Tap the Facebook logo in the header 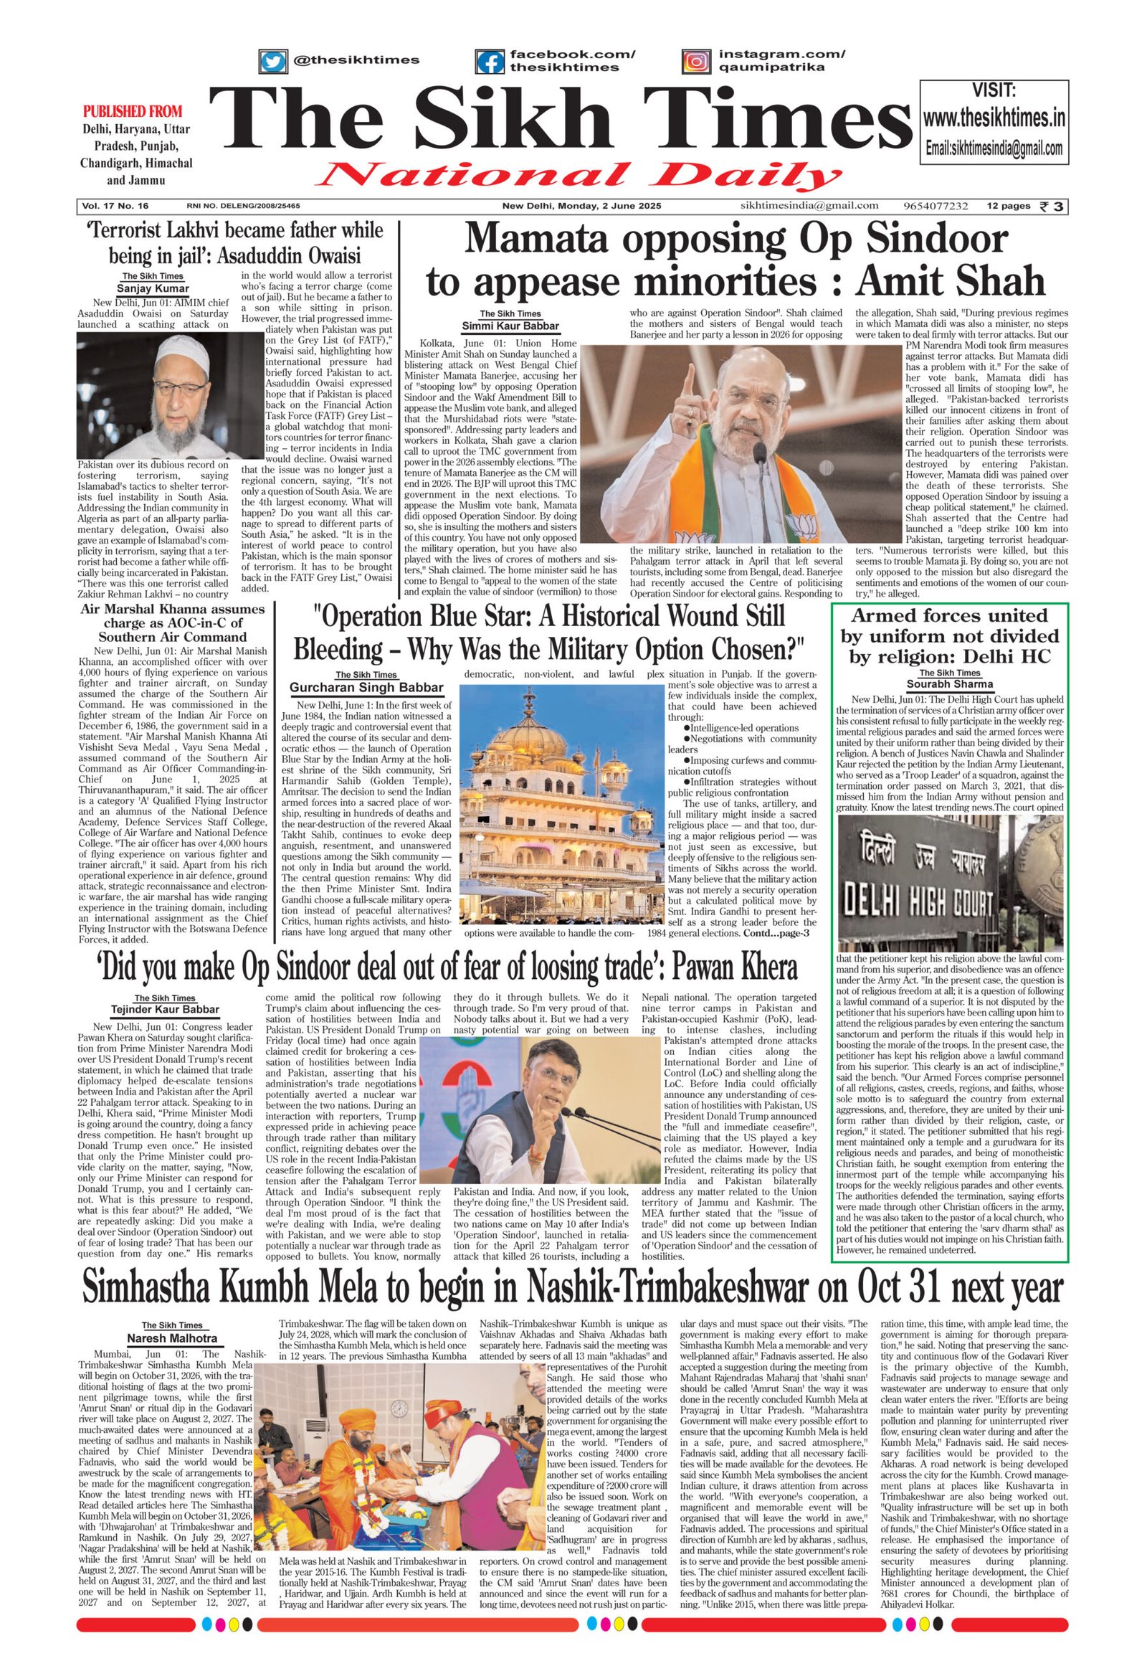[x=490, y=61]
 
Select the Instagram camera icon [x=695, y=61]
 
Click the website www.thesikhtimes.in [x=994, y=118]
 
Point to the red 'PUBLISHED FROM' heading [x=133, y=111]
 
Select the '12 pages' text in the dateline [x=1008, y=207]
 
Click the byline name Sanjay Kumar [x=153, y=289]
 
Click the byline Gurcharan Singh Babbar [x=366, y=688]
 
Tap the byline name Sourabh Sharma [x=949, y=683]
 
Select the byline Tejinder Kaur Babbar [x=166, y=1010]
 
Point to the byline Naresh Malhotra [x=173, y=1338]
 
